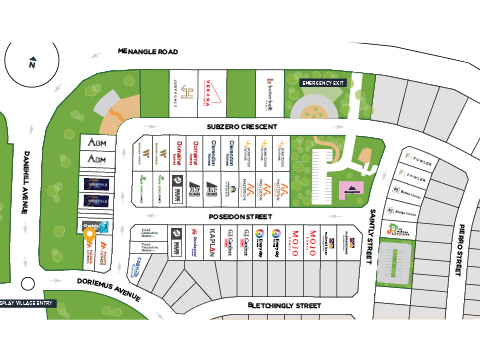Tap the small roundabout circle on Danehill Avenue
[28, 282]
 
